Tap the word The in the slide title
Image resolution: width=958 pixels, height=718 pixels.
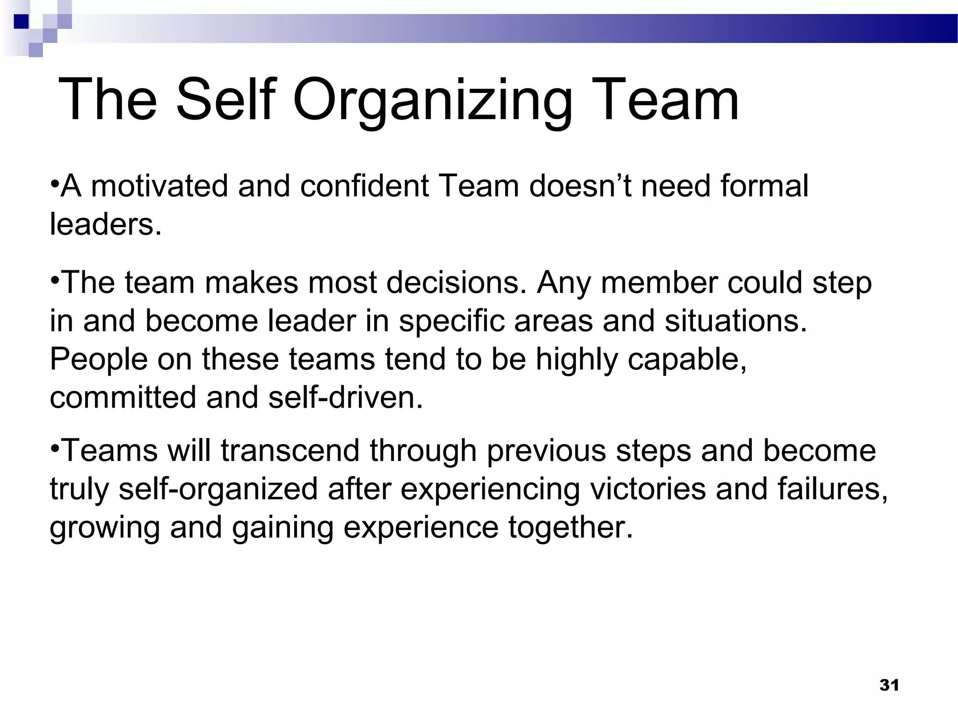click(x=107, y=100)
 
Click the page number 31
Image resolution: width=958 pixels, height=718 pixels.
click(x=889, y=685)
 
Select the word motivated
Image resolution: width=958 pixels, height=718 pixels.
click(x=159, y=186)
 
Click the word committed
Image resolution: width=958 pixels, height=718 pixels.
click(x=123, y=398)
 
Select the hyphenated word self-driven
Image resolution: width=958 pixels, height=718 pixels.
click(x=346, y=398)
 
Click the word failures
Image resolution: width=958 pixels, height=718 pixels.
click(x=833, y=489)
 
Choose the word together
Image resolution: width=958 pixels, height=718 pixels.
click(x=570, y=529)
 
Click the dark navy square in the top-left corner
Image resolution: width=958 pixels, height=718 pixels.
click(x=21, y=22)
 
